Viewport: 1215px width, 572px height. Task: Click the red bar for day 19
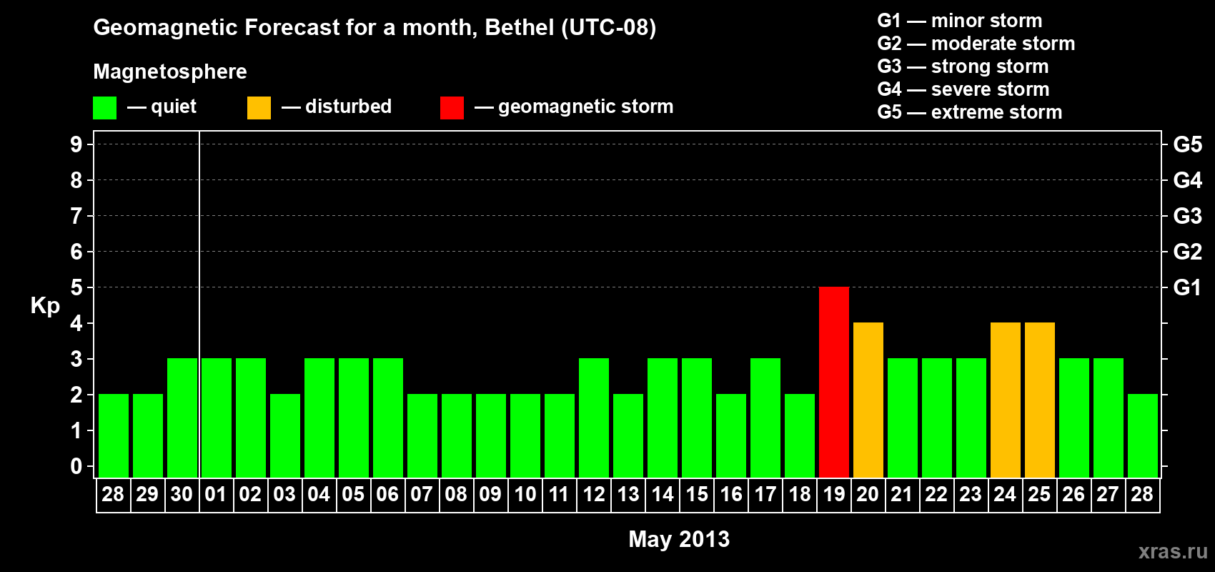[833, 382]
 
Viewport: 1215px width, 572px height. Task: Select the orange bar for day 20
[868, 400]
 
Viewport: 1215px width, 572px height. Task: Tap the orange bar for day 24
[1005, 400]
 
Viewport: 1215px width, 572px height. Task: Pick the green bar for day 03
[284, 435]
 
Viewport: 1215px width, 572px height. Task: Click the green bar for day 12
[593, 418]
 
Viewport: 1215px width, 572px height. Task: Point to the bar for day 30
[182, 418]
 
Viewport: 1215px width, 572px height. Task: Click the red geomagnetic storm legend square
[452, 108]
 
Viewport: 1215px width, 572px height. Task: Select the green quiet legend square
[104, 108]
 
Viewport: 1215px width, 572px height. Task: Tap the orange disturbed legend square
[259, 108]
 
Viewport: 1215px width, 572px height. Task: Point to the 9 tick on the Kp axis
[76, 144]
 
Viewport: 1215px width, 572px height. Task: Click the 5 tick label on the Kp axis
[76, 287]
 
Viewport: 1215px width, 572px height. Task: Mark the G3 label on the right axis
[1187, 216]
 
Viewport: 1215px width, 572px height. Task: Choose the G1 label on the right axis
[1187, 287]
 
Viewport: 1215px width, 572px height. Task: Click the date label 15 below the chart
[696, 494]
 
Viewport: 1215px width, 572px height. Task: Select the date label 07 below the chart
[422, 494]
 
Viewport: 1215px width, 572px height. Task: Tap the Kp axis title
[45, 306]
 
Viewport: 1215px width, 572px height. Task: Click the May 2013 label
[679, 539]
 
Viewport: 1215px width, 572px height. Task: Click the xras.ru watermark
[1173, 551]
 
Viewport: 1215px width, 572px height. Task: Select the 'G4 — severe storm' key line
[963, 89]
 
